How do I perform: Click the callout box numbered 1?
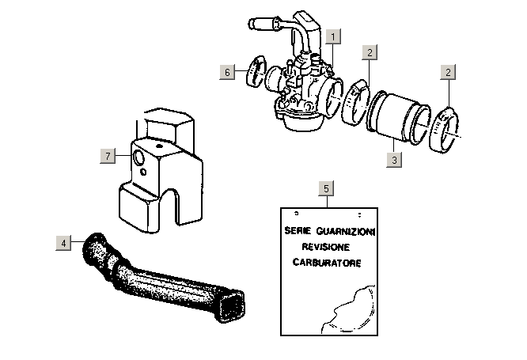click(x=333, y=36)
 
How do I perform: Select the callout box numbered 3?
click(x=394, y=160)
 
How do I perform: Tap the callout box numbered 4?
click(x=63, y=243)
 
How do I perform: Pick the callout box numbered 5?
click(x=326, y=188)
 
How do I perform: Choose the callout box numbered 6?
click(x=227, y=72)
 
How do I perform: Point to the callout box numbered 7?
click(x=108, y=156)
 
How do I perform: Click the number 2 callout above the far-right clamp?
click(x=448, y=72)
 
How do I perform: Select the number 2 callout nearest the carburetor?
click(x=370, y=52)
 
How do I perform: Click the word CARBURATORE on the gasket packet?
click(x=327, y=263)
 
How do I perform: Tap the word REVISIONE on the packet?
click(x=326, y=247)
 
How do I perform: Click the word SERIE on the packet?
click(x=298, y=231)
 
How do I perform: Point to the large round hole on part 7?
click(x=138, y=157)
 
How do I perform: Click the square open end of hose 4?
click(x=232, y=306)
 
